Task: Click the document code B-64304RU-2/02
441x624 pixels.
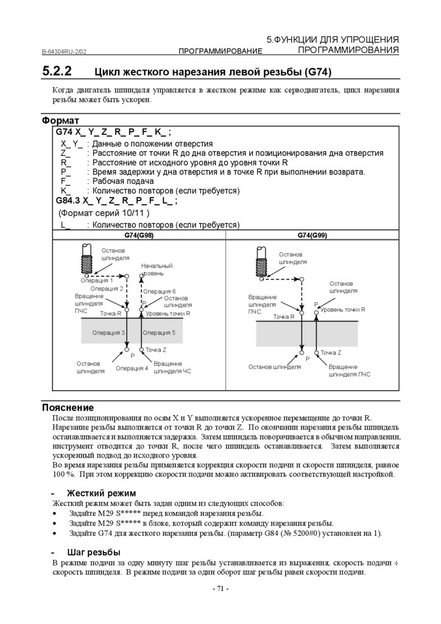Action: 68,51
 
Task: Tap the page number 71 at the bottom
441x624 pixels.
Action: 220,589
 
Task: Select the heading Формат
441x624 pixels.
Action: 60,121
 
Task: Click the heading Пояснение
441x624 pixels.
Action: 68,407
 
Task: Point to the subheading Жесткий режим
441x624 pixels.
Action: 101,493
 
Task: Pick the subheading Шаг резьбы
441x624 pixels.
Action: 93,552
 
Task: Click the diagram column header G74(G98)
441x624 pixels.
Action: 139,235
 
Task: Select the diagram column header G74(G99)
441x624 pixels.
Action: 312,235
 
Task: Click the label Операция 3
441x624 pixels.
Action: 108,333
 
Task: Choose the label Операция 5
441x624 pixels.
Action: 159,333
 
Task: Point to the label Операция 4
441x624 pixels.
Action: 132,368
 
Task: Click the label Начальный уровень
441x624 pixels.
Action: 157,269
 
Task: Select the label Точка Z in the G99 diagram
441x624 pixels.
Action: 331,353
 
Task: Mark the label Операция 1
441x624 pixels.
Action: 97,280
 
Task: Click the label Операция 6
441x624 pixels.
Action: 160,291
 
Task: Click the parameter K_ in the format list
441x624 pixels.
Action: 66,191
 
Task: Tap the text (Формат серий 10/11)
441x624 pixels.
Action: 104,213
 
